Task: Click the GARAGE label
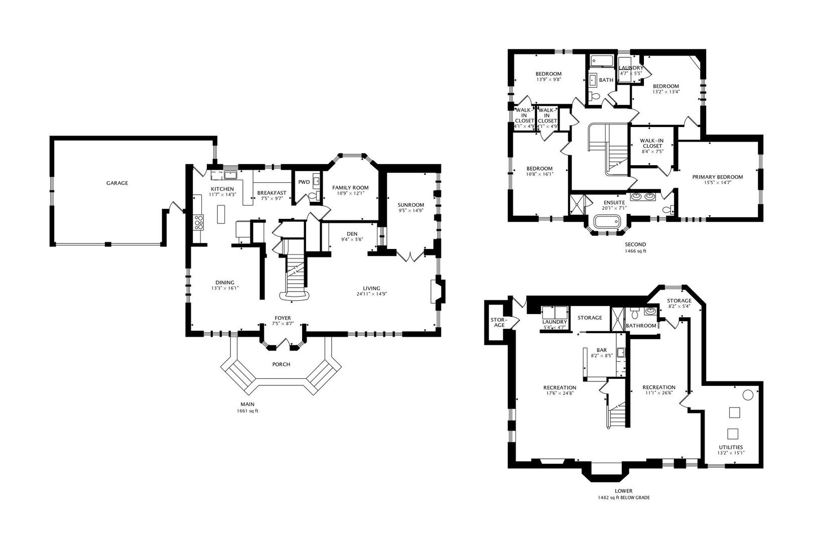[x=117, y=183]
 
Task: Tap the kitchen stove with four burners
[x=199, y=222]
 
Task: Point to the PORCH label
[x=281, y=364]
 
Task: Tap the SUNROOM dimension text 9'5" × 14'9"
[x=411, y=211]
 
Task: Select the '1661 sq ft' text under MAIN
[x=247, y=411]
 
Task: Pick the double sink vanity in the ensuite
[x=642, y=196]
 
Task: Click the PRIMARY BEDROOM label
[x=717, y=177]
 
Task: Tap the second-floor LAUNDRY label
[x=631, y=68]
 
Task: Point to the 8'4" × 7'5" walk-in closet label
[x=652, y=151]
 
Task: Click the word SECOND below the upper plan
[x=635, y=244]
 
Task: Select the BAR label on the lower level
[x=602, y=350]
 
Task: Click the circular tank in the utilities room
[x=747, y=394]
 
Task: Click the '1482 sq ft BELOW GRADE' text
[x=624, y=498]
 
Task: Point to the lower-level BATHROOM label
[x=641, y=326]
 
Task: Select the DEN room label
[x=352, y=234]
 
